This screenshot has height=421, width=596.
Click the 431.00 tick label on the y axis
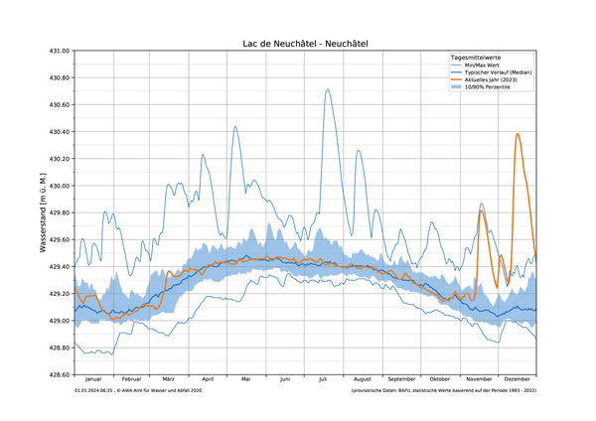click(57, 51)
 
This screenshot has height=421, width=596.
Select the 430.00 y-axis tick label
click(57, 186)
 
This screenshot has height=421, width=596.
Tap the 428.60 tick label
click(57, 374)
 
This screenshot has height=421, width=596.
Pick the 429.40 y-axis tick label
click(57, 267)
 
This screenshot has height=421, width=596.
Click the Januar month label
click(93, 379)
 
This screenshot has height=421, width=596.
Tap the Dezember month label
click(517, 379)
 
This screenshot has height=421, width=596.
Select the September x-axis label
click(401, 379)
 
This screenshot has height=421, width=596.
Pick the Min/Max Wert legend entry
click(487, 67)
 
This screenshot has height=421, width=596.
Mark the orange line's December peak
click(518, 133)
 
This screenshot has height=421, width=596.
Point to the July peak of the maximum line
click(327, 89)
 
